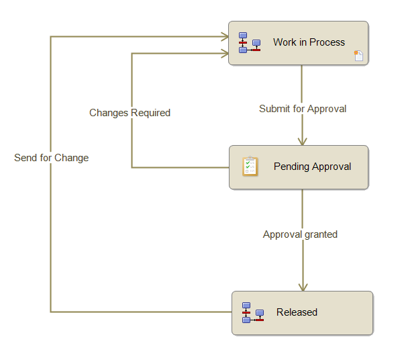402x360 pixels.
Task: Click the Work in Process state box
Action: [x=298, y=43]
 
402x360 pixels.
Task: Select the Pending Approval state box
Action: [x=299, y=167]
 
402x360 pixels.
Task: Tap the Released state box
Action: [x=302, y=313]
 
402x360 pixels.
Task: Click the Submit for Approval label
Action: [x=303, y=108]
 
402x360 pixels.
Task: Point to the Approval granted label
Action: [x=300, y=234]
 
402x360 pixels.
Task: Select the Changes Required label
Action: [x=130, y=113]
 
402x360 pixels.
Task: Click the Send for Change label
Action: [x=51, y=158]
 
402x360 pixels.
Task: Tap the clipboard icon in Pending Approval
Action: [x=250, y=166]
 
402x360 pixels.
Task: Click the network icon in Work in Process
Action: [x=249, y=42]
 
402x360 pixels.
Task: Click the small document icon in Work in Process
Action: [x=358, y=56]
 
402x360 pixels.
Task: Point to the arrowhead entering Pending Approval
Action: [x=302, y=141]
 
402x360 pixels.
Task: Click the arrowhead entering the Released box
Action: [x=303, y=287]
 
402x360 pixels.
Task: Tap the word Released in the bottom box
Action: [x=297, y=312]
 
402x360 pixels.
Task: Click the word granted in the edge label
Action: [x=320, y=234]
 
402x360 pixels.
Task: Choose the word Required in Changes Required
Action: [x=150, y=113]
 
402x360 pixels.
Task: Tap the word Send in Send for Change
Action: [x=26, y=158]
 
